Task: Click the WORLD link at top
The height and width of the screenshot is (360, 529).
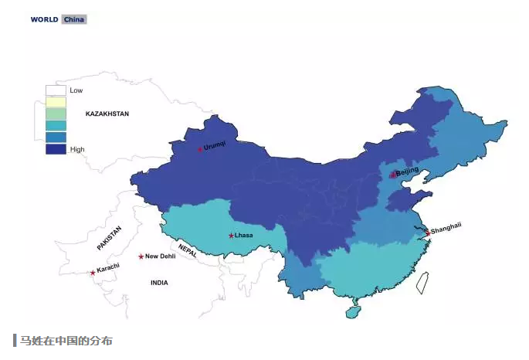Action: pos(44,19)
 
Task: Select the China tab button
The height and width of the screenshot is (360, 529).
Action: pos(74,19)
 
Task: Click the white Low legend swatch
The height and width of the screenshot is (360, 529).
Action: pos(56,90)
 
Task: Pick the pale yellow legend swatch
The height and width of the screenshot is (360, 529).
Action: pos(56,102)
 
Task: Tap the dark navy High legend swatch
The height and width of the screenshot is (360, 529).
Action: pos(56,149)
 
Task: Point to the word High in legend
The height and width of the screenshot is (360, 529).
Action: pos(77,149)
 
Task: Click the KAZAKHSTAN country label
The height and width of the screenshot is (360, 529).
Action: pos(107,114)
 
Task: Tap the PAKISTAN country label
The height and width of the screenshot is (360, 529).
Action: pos(110,238)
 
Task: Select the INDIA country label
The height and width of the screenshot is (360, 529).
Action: pos(159,283)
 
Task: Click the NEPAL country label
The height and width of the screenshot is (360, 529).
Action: pos(187,250)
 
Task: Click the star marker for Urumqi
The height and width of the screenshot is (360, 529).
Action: pos(200,148)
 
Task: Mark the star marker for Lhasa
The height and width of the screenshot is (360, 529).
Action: pos(231,236)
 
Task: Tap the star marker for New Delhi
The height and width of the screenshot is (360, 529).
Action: pos(141,256)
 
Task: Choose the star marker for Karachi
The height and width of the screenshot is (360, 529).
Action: pos(93,272)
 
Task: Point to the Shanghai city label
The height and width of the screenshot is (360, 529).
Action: pos(446,228)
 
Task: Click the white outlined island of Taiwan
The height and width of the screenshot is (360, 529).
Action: pos(422,282)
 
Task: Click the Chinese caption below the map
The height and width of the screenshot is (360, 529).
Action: pos(66,341)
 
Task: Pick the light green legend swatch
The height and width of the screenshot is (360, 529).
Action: pos(56,114)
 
